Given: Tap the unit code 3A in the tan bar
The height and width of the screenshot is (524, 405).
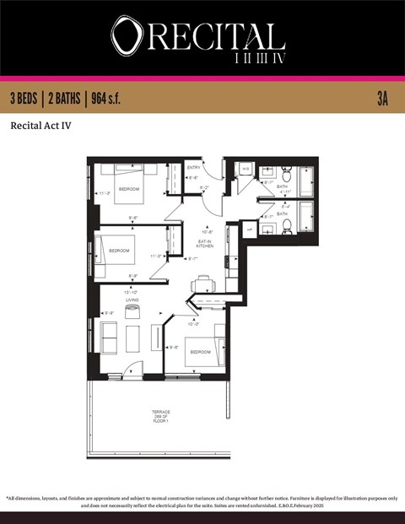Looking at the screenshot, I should tap(381, 99).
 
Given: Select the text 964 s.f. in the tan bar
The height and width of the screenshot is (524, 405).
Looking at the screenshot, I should tap(103, 99).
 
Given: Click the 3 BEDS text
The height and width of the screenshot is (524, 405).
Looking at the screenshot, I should tap(26, 99).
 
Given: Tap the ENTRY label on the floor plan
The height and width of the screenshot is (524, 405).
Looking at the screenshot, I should tap(193, 167).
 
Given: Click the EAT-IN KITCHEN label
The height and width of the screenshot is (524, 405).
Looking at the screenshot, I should tap(205, 243).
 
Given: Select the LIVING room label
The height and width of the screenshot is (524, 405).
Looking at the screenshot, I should tap(132, 299).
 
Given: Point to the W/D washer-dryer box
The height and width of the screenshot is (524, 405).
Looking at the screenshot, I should tap(246, 169).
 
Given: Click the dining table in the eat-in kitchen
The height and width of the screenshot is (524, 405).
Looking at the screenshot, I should tap(203, 284).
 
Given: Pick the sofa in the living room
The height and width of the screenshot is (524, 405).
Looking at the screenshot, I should tap(109, 337).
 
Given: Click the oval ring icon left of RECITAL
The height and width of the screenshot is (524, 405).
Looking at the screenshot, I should tap(126, 35).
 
